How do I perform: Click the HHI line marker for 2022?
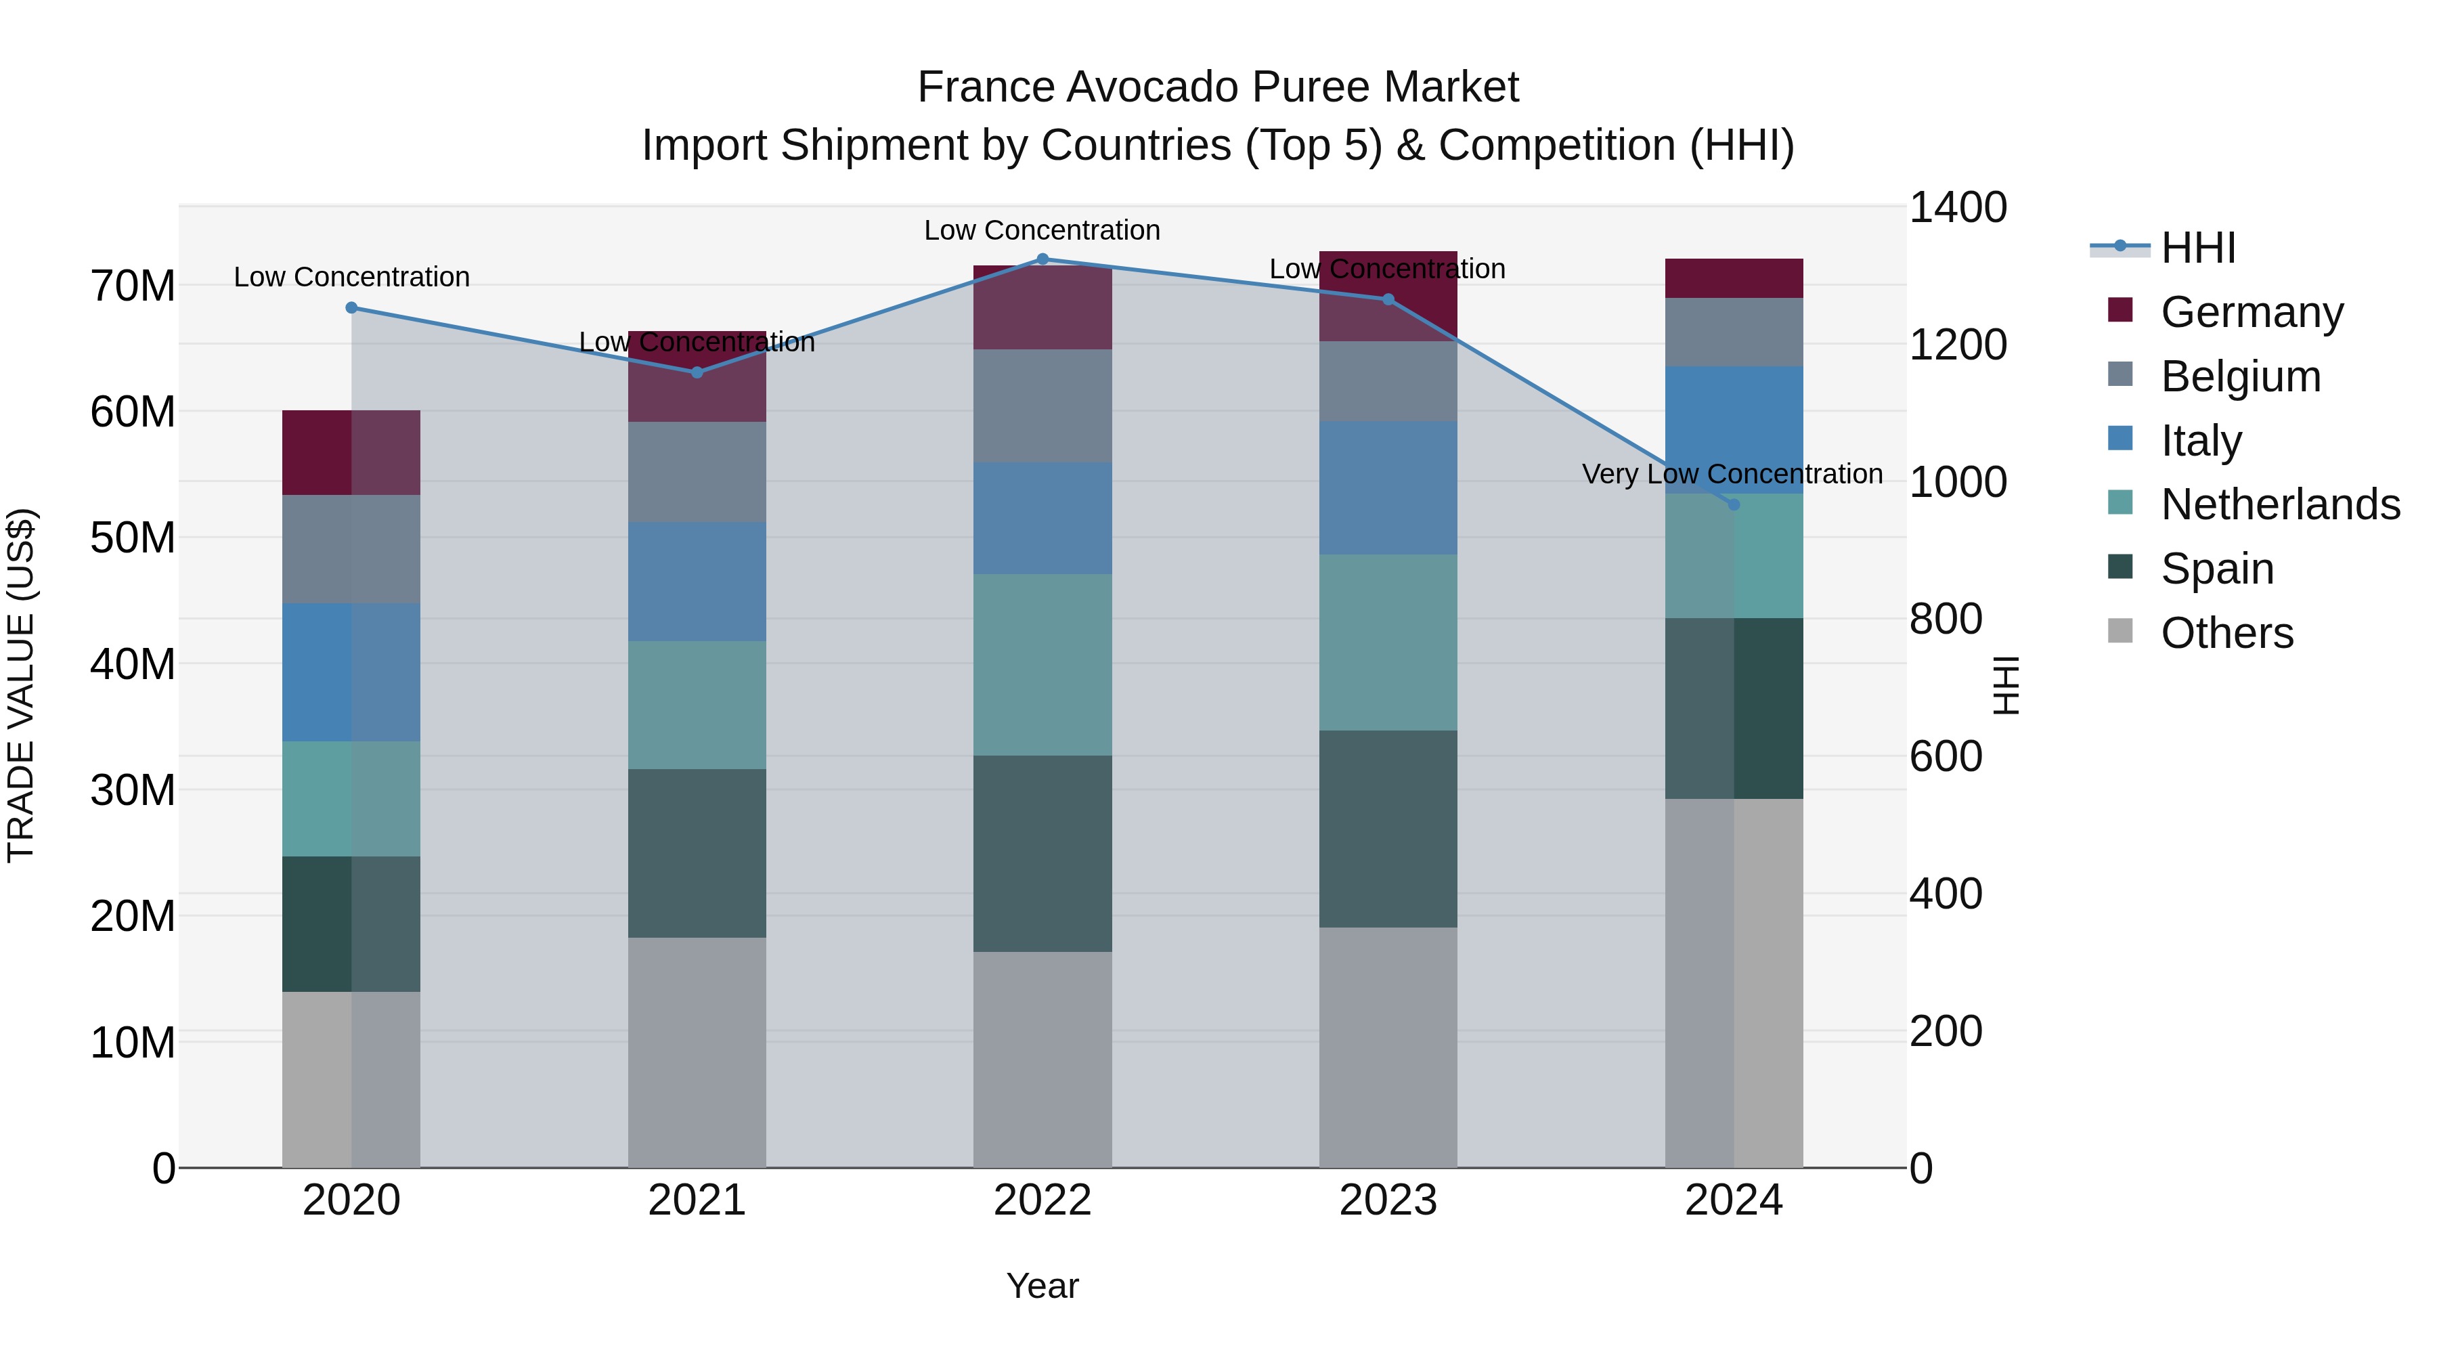(x=1042, y=259)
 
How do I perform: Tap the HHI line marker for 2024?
(x=1733, y=504)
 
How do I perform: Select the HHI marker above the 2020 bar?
(x=351, y=307)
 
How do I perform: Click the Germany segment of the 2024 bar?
(x=1733, y=278)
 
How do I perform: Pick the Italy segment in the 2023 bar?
(x=1388, y=487)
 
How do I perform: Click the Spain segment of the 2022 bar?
(x=1042, y=852)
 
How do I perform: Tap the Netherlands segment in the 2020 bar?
(x=351, y=799)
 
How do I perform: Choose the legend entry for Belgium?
(x=2239, y=376)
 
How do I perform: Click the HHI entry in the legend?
(x=2197, y=248)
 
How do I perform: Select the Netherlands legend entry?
(x=2280, y=504)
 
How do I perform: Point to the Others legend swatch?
(x=2120, y=631)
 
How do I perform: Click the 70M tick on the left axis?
(x=133, y=286)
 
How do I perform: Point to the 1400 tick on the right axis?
(x=1957, y=207)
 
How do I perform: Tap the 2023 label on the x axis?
(x=1388, y=1200)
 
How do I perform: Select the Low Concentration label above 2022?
(x=1042, y=230)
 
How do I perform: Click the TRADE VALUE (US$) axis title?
(x=21, y=685)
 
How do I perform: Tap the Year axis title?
(x=1042, y=1286)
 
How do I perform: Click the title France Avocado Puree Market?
(x=1218, y=87)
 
